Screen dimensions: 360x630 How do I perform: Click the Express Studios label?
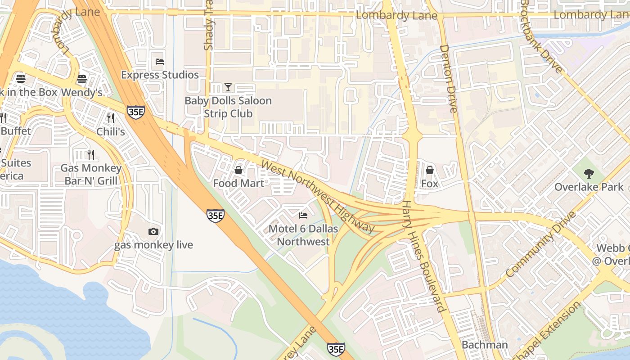[160, 75]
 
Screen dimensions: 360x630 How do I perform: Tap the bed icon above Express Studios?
[160, 61]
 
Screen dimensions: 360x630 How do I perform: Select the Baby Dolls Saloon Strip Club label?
[228, 107]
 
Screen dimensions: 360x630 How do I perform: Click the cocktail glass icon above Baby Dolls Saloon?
[228, 87]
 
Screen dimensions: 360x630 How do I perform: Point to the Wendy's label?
[82, 93]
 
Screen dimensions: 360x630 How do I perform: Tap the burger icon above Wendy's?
[81, 79]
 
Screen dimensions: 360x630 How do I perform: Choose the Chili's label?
[111, 131]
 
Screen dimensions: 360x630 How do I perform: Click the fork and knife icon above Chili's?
[111, 118]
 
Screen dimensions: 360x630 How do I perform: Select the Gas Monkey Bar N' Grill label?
[91, 175]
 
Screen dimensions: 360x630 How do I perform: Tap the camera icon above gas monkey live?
[153, 231]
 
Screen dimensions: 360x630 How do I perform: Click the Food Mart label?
[238, 183]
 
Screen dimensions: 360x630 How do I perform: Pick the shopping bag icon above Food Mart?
[238, 170]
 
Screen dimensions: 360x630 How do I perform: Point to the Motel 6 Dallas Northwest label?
[303, 235]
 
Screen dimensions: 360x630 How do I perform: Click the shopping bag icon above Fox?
[430, 170]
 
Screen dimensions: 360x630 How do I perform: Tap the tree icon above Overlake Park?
[589, 173]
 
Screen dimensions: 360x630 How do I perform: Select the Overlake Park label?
[589, 187]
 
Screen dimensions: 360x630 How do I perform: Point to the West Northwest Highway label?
[318, 197]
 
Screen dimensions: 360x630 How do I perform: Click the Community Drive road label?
[540, 244]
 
